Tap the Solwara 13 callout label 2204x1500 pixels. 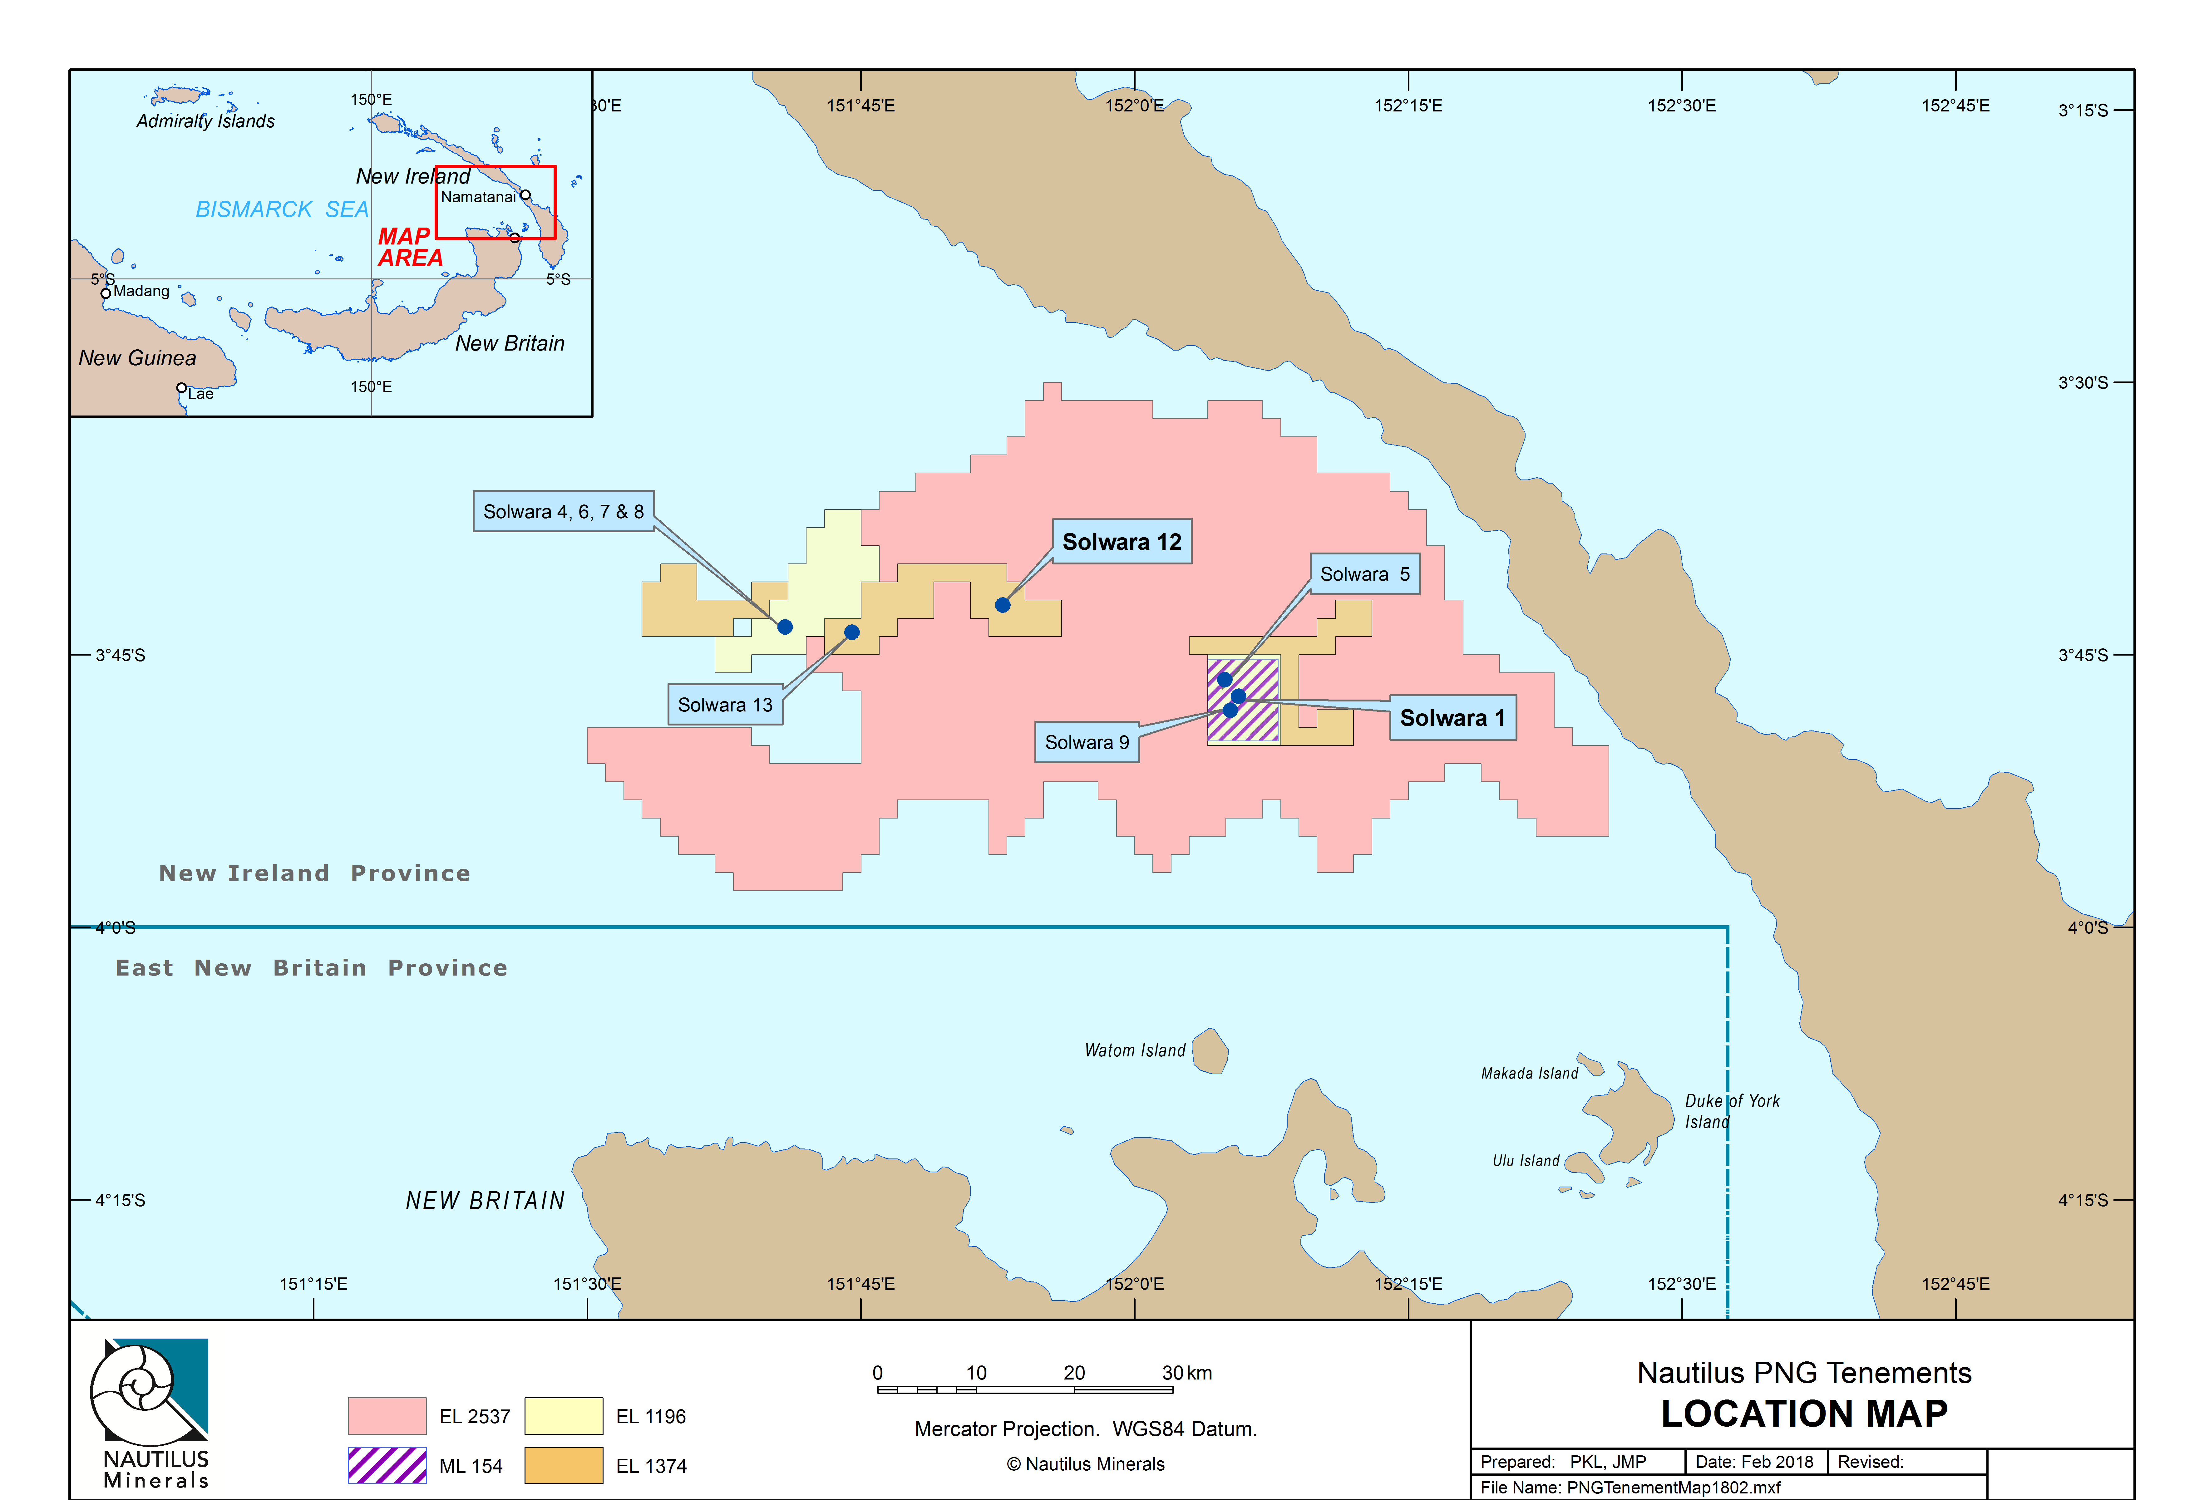(x=726, y=705)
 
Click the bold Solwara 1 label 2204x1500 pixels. (x=1452, y=718)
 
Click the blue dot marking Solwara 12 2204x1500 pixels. (x=1003, y=605)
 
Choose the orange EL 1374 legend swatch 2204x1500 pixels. (x=563, y=1465)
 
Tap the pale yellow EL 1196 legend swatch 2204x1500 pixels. (x=563, y=1416)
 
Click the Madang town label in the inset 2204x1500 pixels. (x=141, y=291)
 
